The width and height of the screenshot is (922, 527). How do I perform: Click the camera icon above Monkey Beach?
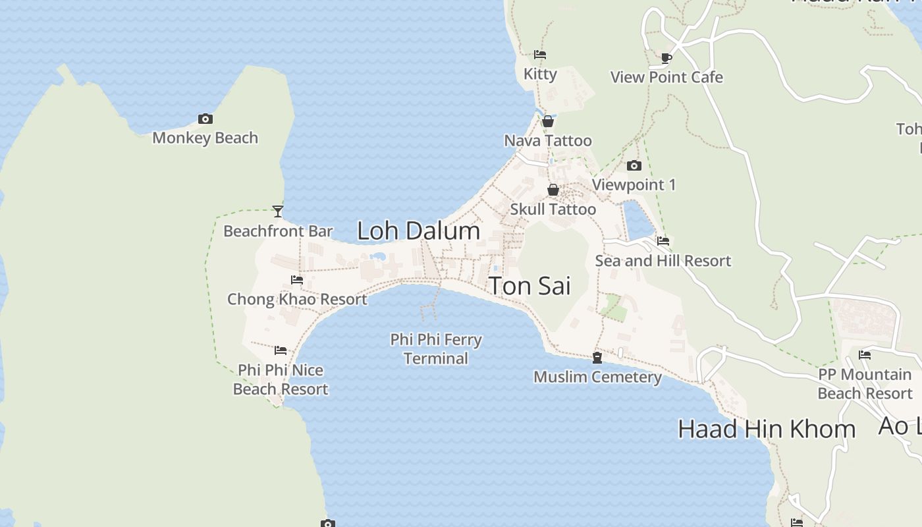(x=205, y=119)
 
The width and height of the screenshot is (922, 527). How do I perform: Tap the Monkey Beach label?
(x=205, y=138)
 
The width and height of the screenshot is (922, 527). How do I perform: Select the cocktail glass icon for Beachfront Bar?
(x=278, y=211)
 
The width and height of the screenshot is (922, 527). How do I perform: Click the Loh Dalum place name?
(x=418, y=231)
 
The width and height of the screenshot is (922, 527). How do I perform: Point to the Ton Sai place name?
(x=529, y=286)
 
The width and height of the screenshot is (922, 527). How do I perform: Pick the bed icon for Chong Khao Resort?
(x=297, y=280)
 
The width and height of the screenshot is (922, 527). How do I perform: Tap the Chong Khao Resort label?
(x=297, y=299)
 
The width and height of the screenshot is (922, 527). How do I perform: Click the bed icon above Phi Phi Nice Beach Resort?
(x=281, y=350)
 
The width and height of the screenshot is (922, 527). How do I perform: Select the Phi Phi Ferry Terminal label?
(x=436, y=349)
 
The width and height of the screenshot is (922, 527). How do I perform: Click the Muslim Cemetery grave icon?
(x=597, y=358)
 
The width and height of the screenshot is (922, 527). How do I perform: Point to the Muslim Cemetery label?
(x=597, y=377)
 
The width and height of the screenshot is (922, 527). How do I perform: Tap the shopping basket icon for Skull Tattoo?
(x=553, y=190)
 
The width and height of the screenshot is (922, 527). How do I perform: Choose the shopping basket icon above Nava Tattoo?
(x=548, y=121)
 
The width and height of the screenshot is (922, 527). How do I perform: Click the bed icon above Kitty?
(x=540, y=55)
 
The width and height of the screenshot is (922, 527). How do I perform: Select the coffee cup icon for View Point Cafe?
(x=666, y=58)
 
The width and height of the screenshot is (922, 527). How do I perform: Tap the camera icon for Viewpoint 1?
(x=634, y=165)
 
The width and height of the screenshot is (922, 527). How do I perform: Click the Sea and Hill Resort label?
(x=663, y=261)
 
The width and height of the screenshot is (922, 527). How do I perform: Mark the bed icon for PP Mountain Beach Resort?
(x=865, y=355)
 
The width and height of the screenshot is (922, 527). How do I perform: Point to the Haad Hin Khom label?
(x=767, y=430)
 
